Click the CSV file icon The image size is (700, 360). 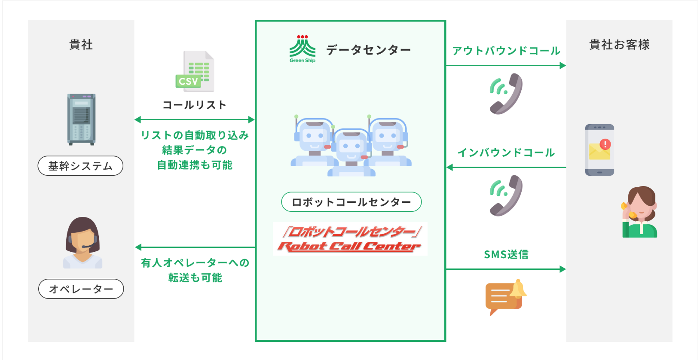coord(195,71)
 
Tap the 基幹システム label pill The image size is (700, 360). coord(80,166)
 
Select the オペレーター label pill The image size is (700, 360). coord(81,289)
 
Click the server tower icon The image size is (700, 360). coord(81,119)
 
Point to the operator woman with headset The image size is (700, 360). coord(83,243)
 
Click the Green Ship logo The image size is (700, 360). coord(303,49)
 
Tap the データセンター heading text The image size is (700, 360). coord(368,50)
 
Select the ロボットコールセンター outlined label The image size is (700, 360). coord(351,202)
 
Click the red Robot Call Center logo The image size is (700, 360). coord(350,239)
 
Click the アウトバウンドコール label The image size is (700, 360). coord(506,51)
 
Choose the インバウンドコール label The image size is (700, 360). coord(506,153)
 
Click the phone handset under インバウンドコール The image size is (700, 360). coord(506,195)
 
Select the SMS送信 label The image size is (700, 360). coord(506,254)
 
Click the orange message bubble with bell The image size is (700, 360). coord(505,296)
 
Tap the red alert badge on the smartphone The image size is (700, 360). coord(605,144)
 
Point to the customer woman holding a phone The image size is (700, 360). coord(640,212)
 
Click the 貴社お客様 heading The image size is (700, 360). coord(619,45)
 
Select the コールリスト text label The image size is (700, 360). coord(194,105)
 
